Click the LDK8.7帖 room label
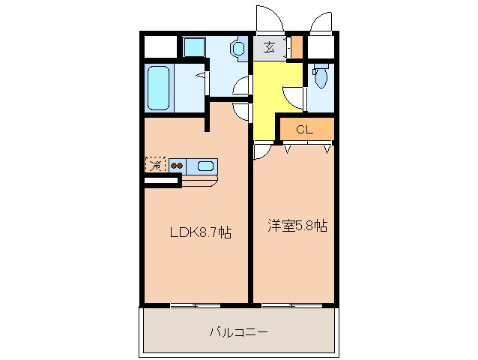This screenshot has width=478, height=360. tap(199, 232)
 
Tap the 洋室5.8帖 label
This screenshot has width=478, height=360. tap(297, 225)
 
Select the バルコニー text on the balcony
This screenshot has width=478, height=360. tap(238, 331)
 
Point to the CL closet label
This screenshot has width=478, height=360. tap(303, 128)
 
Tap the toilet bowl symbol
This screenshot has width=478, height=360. tap(320, 76)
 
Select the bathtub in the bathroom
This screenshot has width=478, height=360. tap(158, 88)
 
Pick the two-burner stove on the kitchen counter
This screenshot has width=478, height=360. tap(178, 166)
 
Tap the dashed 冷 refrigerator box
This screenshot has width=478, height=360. tap(155, 165)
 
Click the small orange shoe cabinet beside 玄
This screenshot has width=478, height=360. tap(297, 47)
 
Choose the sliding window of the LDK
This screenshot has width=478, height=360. tap(195, 305)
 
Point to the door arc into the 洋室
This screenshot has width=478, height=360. tap(261, 152)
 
